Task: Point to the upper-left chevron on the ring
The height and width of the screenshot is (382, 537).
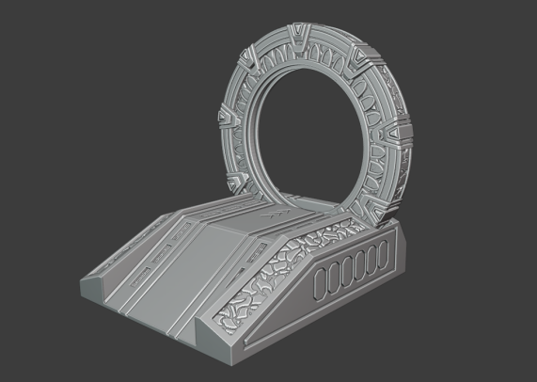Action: click(x=249, y=59)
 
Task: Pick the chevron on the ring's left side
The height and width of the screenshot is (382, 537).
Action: click(x=227, y=120)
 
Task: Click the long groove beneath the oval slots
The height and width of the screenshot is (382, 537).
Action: click(x=353, y=299)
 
